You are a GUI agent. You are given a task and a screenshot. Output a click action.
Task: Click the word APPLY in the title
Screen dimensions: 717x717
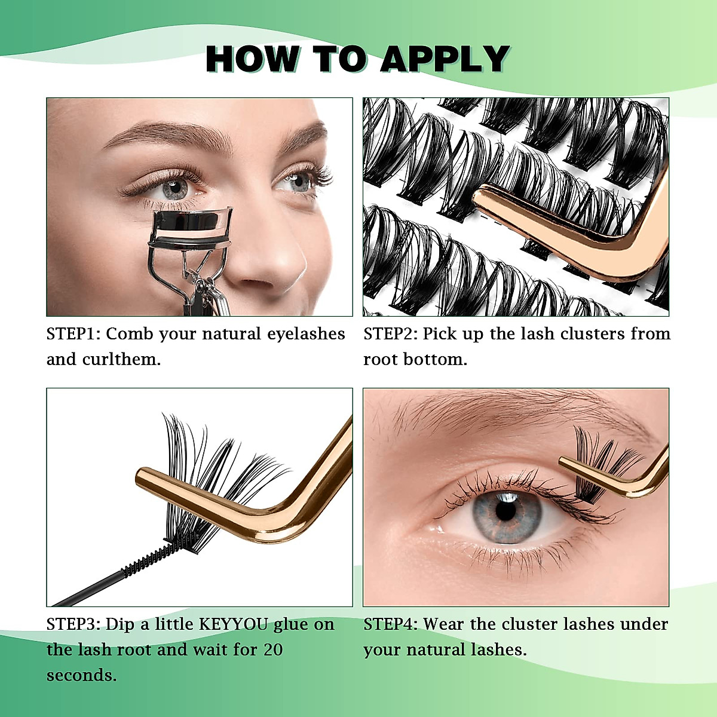444,59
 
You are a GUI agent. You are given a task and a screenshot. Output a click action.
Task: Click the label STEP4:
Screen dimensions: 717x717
391,624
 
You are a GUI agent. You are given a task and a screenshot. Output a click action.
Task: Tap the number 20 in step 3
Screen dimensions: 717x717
273,649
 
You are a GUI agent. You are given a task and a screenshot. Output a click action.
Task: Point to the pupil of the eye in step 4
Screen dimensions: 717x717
505,511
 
